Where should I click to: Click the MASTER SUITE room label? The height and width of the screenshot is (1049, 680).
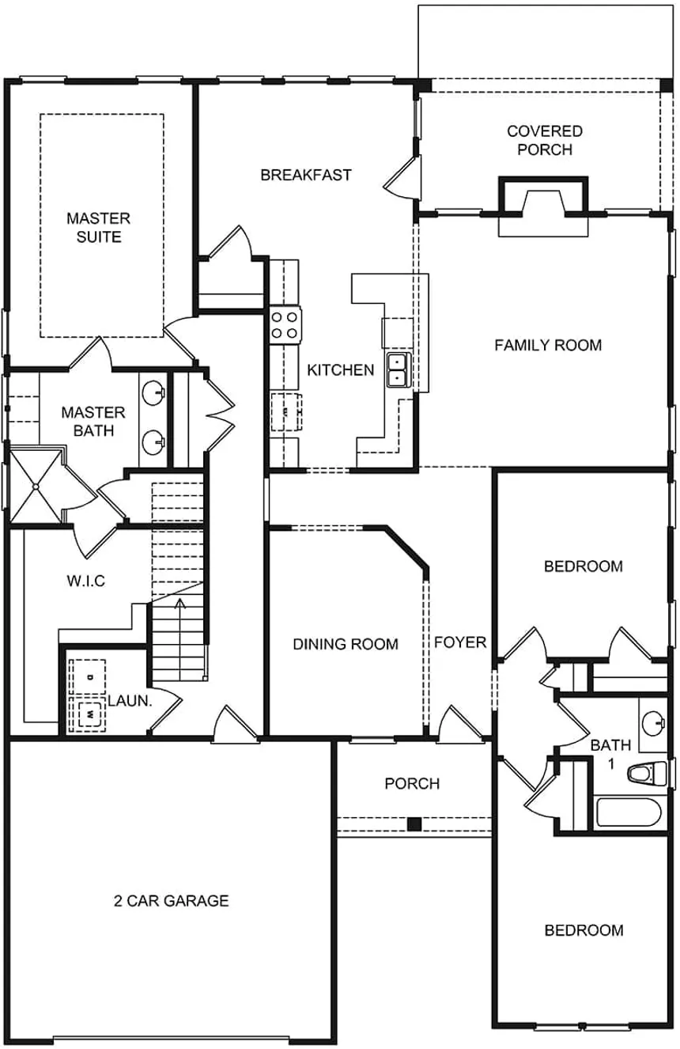pyautogui.click(x=98, y=227)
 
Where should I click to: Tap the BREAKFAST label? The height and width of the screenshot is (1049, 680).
pyautogui.click(x=306, y=175)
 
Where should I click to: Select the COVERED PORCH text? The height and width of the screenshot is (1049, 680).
pyautogui.click(x=544, y=140)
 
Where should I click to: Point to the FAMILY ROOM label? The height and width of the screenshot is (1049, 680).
pyautogui.click(x=548, y=345)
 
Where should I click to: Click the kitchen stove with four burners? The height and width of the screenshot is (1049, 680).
pyautogui.click(x=285, y=325)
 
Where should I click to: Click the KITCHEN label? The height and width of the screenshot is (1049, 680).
pyautogui.click(x=340, y=369)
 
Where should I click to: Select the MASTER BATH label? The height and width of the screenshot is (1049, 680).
pyautogui.click(x=93, y=421)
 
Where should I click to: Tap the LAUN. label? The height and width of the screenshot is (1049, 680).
pyautogui.click(x=130, y=700)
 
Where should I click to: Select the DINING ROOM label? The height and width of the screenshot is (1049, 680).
pyautogui.click(x=346, y=644)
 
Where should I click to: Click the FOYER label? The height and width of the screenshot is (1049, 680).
pyautogui.click(x=460, y=642)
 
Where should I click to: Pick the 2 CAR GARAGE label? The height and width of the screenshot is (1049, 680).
pyautogui.click(x=170, y=900)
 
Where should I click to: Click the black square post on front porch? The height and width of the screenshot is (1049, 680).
pyautogui.click(x=413, y=824)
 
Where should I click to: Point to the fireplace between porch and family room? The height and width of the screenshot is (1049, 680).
pyautogui.click(x=543, y=203)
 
